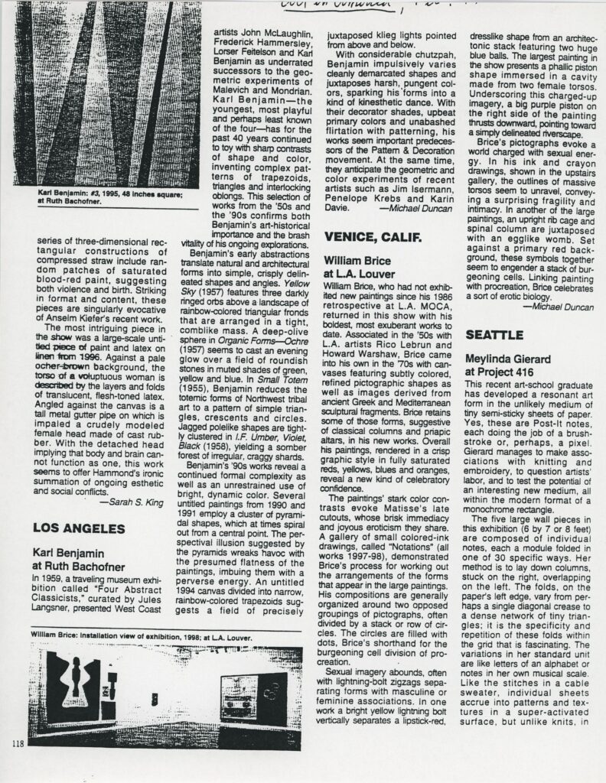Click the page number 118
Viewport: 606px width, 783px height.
click(21, 742)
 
